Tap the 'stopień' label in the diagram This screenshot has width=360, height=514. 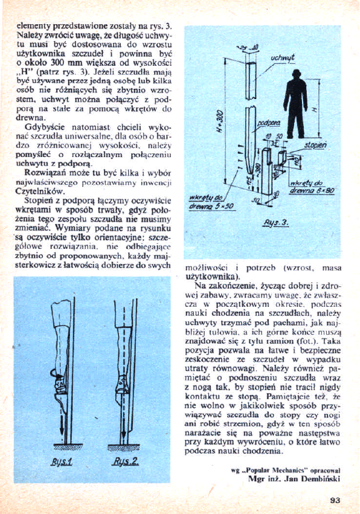tap(316, 146)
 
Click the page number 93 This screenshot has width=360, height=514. tap(336, 500)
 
